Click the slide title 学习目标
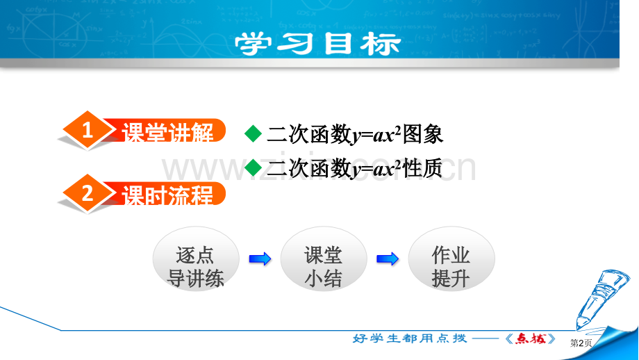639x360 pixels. [x=318, y=44]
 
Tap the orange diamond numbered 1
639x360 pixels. [x=88, y=130]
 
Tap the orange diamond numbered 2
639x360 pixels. [x=88, y=193]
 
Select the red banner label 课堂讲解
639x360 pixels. [x=168, y=131]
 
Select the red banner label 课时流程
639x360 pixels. [x=168, y=195]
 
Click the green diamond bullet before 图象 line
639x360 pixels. [x=253, y=133]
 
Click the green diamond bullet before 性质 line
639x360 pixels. [x=253, y=167]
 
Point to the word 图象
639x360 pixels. [x=422, y=134]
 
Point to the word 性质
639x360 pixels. [x=422, y=168]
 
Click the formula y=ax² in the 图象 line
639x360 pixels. [x=376, y=135]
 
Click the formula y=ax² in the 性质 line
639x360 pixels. [x=376, y=169]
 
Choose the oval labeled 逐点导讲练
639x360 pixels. [x=196, y=259]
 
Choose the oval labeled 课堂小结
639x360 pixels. [x=324, y=259]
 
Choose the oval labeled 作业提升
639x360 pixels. [x=451, y=259]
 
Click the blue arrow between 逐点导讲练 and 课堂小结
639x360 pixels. [x=260, y=259]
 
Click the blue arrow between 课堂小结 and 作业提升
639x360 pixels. [x=388, y=259]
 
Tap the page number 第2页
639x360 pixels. [x=581, y=343]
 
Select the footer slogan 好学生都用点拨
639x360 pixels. [x=410, y=338]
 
